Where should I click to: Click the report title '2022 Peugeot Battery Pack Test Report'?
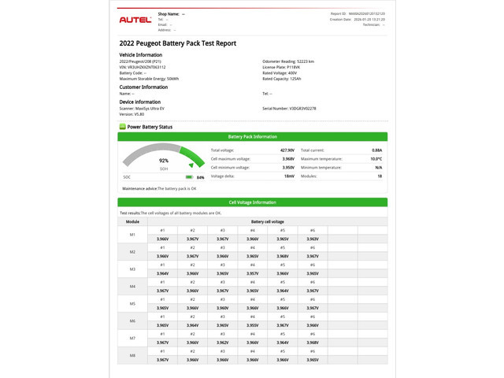(177, 43)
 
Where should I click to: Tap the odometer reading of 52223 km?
(290, 61)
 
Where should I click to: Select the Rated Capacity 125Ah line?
(282, 79)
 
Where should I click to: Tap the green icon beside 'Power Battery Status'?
(122, 126)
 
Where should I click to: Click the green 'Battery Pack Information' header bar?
(252, 136)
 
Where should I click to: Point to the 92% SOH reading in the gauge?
(164, 161)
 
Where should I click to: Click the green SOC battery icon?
(189, 177)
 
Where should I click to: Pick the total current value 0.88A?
(376, 150)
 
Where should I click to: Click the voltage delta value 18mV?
(288, 176)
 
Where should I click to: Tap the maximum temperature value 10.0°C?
(376, 158)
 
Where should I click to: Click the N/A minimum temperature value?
(378, 168)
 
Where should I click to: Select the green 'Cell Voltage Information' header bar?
(252, 202)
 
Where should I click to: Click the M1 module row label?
(132, 235)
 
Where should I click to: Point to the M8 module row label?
(132, 356)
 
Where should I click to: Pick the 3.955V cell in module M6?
(252, 325)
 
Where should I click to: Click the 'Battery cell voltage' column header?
(267, 222)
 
